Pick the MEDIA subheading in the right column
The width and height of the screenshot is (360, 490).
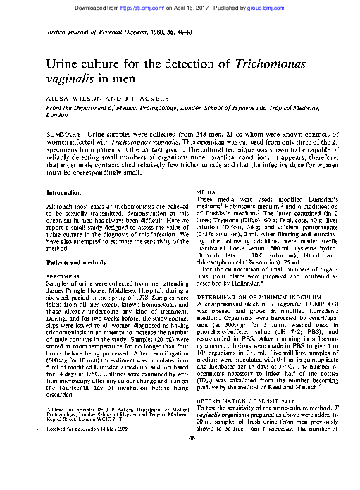[x=206, y=192]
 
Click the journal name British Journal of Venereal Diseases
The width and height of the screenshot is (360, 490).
[x=85, y=33]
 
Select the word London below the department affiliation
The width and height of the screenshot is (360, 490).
[x=56, y=113]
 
